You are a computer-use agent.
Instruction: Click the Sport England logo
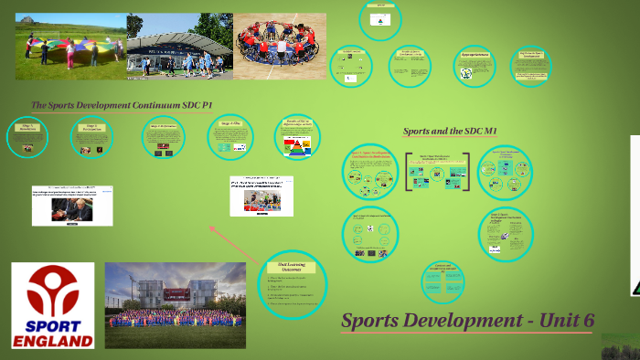52,306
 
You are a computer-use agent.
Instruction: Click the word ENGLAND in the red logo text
52,341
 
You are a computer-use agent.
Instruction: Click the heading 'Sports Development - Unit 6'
467,320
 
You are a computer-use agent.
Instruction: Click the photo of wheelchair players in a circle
280,46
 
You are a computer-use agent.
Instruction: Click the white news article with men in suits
72,205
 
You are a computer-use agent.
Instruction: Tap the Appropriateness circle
475,67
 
